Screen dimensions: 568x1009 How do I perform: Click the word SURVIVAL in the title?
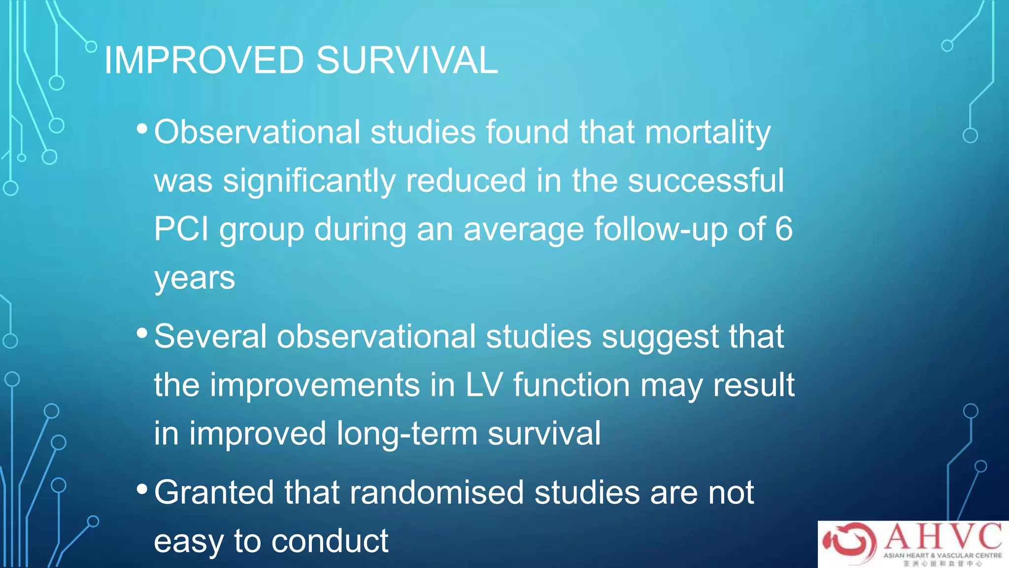point(407,60)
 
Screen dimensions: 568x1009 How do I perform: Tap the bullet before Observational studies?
point(142,129)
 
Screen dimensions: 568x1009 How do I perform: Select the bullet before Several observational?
point(142,333)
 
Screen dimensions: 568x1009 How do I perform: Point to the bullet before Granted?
point(142,490)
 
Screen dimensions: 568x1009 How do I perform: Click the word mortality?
point(707,133)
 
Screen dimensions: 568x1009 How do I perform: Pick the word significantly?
point(309,181)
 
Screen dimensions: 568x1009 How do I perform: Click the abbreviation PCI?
point(181,229)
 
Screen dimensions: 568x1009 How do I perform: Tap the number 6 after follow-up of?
point(783,229)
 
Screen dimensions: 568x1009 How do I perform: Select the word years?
point(195,279)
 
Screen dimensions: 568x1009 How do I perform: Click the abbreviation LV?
point(484,385)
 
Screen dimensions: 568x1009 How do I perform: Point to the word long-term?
point(407,433)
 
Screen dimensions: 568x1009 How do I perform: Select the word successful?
point(706,180)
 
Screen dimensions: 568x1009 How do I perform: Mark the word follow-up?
point(660,230)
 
